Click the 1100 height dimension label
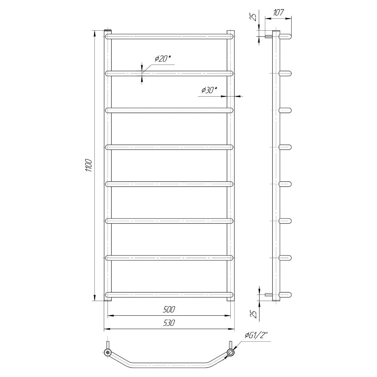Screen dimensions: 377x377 (x=89, y=165)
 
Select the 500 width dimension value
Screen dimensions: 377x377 (x=169, y=309)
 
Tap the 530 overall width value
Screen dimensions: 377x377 (x=169, y=323)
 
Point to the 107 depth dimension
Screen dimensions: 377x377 (x=278, y=12)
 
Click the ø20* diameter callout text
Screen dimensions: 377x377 (x=163, y=58)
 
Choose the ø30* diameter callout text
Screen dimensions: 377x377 (x=209, y=90)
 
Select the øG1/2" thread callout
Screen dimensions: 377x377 (x=256, y=335)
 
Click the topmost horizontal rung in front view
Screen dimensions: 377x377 (x=169, y=36)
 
